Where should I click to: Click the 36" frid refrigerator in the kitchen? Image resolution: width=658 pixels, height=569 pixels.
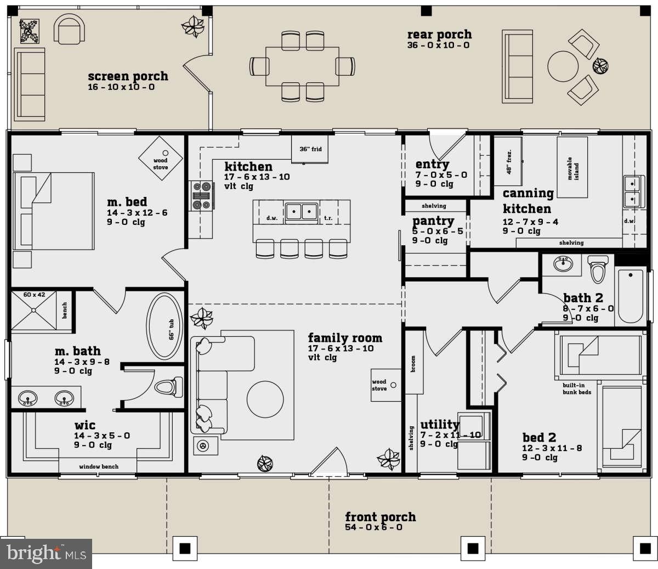point(310,149)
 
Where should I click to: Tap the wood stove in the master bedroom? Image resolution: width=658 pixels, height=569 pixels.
point(161,159)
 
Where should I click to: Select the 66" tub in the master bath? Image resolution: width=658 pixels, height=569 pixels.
point(164,326)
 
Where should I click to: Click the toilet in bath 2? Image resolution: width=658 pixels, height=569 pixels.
point(598,269)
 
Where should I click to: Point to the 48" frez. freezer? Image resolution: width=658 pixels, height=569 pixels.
point(508,161)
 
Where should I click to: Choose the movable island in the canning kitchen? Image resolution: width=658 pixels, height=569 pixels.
point(572,167)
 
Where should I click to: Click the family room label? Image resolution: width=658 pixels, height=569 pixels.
point(345,337)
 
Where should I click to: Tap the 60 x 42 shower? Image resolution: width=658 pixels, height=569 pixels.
point(34,310)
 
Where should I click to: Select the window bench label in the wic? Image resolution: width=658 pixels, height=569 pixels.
point(99,467)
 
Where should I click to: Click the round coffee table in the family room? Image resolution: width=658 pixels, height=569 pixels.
point(265,399)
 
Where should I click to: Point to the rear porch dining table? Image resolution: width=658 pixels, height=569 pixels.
point(302,66)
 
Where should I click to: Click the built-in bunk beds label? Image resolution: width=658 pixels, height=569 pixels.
point(576,388)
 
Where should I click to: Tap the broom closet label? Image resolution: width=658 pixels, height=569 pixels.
point(413,364)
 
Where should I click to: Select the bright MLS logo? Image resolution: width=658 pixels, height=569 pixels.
point(46,554)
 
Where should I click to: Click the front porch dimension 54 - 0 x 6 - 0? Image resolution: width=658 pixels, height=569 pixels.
point(374,527)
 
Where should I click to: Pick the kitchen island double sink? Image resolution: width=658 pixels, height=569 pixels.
point(302,212)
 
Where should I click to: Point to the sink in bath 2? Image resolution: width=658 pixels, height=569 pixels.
point(563,264)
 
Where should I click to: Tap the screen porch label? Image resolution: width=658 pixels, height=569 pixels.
point(128,76)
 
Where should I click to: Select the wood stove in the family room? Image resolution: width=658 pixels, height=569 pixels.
point(386,385)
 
